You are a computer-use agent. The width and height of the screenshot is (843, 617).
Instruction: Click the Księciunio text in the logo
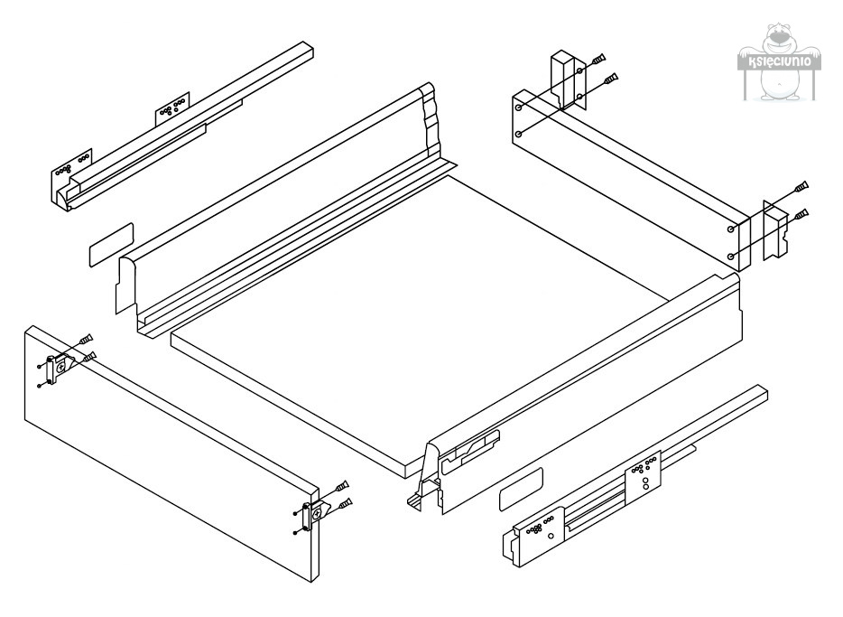780,61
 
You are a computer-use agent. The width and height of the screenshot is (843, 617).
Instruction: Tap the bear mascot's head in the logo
780,40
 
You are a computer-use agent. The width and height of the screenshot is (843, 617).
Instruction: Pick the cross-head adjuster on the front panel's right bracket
316,514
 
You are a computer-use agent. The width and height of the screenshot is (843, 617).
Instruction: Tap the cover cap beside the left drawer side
111,245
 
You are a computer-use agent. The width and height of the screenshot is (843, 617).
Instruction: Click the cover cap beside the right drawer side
521,489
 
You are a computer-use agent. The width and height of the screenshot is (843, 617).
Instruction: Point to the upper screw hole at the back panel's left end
519,108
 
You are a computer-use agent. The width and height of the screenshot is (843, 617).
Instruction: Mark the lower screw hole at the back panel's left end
518,134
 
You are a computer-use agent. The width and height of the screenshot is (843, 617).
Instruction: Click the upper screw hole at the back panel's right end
731,229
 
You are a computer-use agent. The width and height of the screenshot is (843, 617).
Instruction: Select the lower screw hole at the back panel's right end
731,256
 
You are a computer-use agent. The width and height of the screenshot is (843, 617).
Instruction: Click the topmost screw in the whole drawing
599,59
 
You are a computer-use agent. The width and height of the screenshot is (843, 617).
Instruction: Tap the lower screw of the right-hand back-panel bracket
801,215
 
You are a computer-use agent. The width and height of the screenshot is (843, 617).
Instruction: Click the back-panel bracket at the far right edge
775,230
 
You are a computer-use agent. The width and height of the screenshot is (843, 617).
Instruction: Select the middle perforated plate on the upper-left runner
172,108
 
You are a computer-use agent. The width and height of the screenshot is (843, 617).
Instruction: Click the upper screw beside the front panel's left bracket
86,340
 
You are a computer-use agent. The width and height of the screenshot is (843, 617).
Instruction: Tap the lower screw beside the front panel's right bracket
346,504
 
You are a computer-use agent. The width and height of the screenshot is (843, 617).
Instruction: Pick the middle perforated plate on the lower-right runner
643,477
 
